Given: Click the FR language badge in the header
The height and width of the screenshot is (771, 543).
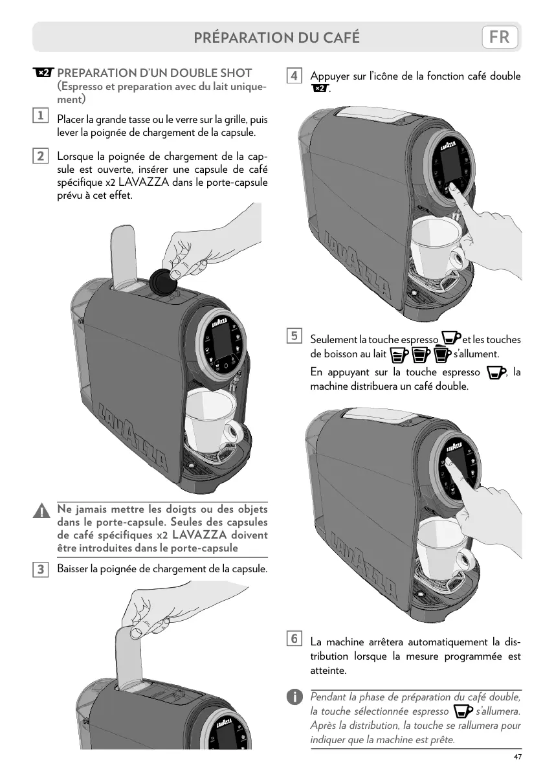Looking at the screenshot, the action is click(x=500, y=37).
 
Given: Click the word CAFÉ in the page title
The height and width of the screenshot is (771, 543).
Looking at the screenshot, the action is click(x=337, y=38).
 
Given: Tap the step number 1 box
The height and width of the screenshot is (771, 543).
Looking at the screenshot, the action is click(x=40, y=115).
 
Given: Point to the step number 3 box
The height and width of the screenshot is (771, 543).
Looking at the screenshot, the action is click(x=40, y=569).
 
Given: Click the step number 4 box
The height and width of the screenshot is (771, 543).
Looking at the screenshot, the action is click(x=294, y=76).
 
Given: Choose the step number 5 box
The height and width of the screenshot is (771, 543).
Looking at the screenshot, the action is click(x=294, y=336).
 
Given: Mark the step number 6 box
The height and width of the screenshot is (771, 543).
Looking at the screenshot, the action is click(x=294, y=639).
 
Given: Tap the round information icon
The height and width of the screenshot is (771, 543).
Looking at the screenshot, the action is click(x=294, y=697).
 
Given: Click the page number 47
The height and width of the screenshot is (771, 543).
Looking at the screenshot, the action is click(x=516, y=757).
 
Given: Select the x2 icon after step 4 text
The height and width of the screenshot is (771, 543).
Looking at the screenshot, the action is click(x=320, y=89).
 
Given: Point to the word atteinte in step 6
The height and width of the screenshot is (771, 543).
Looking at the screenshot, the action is click(x=328, y=670).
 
